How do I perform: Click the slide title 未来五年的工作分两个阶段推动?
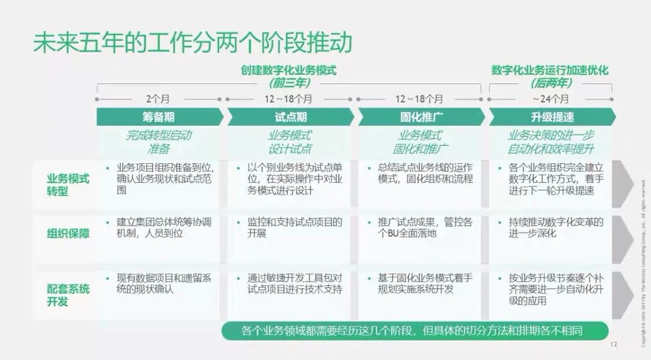pyautogui.click(x=192, y=42)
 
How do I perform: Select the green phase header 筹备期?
pyautogui.click(x=158, y=117)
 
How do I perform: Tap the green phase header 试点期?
pyautogui.click(x=290, y=117)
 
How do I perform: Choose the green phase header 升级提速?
pyautogui.click(x=552, y=117)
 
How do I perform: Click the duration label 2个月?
pyautogui.click(x=158, y=99)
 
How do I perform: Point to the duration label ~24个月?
pyautogui.click(x=551, y=99)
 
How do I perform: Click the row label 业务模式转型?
pyautogui.click(x=68, y=184)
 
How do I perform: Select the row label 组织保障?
pyautogui.click(x=68, y=234)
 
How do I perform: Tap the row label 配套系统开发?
pyautogui.click(x=68, y=295)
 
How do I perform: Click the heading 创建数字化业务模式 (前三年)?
pyautogui.click(x=289, y=76)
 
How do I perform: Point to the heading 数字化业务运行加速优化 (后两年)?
pyautogui.click(x=550, y=76)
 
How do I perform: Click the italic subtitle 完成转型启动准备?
pyautogui.click(x=158, y=142)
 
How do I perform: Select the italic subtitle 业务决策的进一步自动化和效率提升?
pyautogui.click(x=551, y=142)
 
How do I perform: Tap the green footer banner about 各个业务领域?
pyautogui.click(x=414, y=331)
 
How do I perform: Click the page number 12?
pyautogui.click(x=613, y=344)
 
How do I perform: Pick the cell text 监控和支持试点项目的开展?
pyautogui.click(x=295, y=227)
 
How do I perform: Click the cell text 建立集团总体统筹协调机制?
pyautogui.click(x=164, y=227)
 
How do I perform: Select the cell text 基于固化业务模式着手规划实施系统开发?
pyautogui.click(x=425, y=284)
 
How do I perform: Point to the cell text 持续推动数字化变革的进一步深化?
pyautogui.click(x=556, y=227)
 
